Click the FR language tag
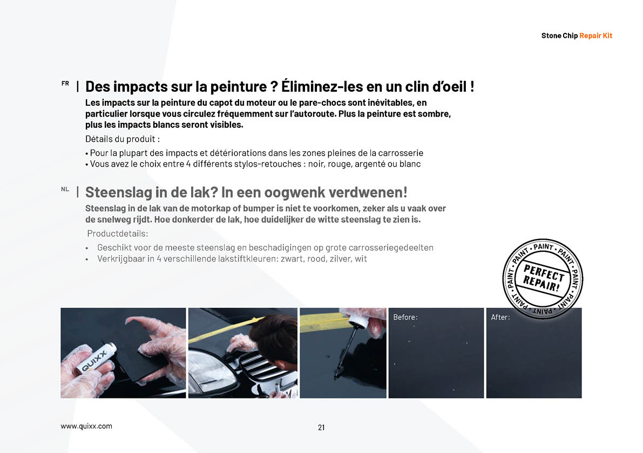tap(65, 84)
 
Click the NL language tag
tap(65, 189)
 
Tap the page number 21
tap(321, 428)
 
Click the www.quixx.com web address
tap(86, 426)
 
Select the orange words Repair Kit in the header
tap(595, 36)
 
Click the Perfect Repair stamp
tap(543, 278)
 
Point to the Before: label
tap(405, 317)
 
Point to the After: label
tap(500, 317)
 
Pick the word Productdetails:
tap(118, 234)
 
